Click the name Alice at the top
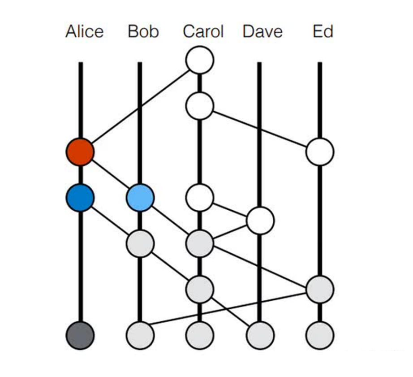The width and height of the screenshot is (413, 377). click(85, 31)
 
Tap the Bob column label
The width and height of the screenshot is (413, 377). click(143, 31)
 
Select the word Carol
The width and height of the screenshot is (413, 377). click(203, 31)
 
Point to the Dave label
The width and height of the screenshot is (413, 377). click(262, 31)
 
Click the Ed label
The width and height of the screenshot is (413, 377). click(323, 31)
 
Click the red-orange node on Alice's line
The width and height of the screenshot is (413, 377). click(80, 152)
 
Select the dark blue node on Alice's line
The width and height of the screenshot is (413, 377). click(80, 198)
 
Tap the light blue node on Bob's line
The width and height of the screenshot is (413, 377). click(140, 198)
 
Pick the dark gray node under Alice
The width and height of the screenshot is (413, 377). click(80, 335)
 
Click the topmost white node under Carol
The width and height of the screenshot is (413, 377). click(200, 60)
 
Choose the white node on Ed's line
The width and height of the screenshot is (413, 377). click(320, 152)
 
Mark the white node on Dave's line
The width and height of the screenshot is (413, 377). click(260, 221)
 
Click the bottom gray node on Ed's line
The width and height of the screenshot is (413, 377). click(320, 335)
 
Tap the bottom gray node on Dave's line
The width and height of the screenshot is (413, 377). click(260, 335)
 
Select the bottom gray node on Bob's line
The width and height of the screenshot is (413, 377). click(140, 335)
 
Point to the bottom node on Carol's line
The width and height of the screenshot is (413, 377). click(200, 335)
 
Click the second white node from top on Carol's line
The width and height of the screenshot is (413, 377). click(200, 106)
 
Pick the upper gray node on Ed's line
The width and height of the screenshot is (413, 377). click(320, 290)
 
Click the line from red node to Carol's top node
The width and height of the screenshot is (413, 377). click(140, 106)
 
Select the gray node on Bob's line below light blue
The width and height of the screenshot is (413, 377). click(140, 243)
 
